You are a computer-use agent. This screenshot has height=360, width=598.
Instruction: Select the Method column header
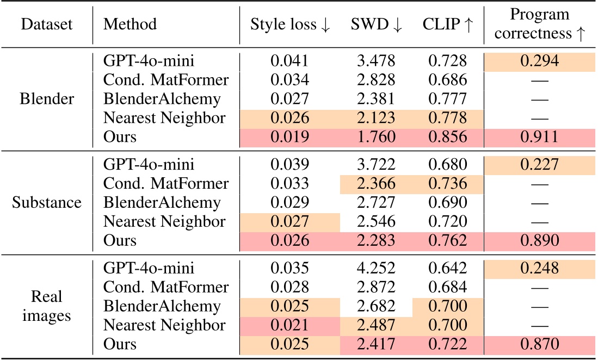tap(130, 24)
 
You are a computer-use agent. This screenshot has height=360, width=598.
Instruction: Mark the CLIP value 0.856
tap(447, 136)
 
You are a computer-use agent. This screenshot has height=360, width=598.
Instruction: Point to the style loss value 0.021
tap(290, 325)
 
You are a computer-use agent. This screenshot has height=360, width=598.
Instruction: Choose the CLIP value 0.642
tap(447, 269)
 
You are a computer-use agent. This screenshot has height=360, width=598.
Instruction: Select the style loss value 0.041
tap(290, 61)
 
